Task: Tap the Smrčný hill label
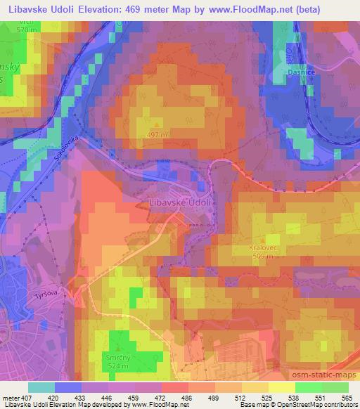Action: click(x=117, y=356)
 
